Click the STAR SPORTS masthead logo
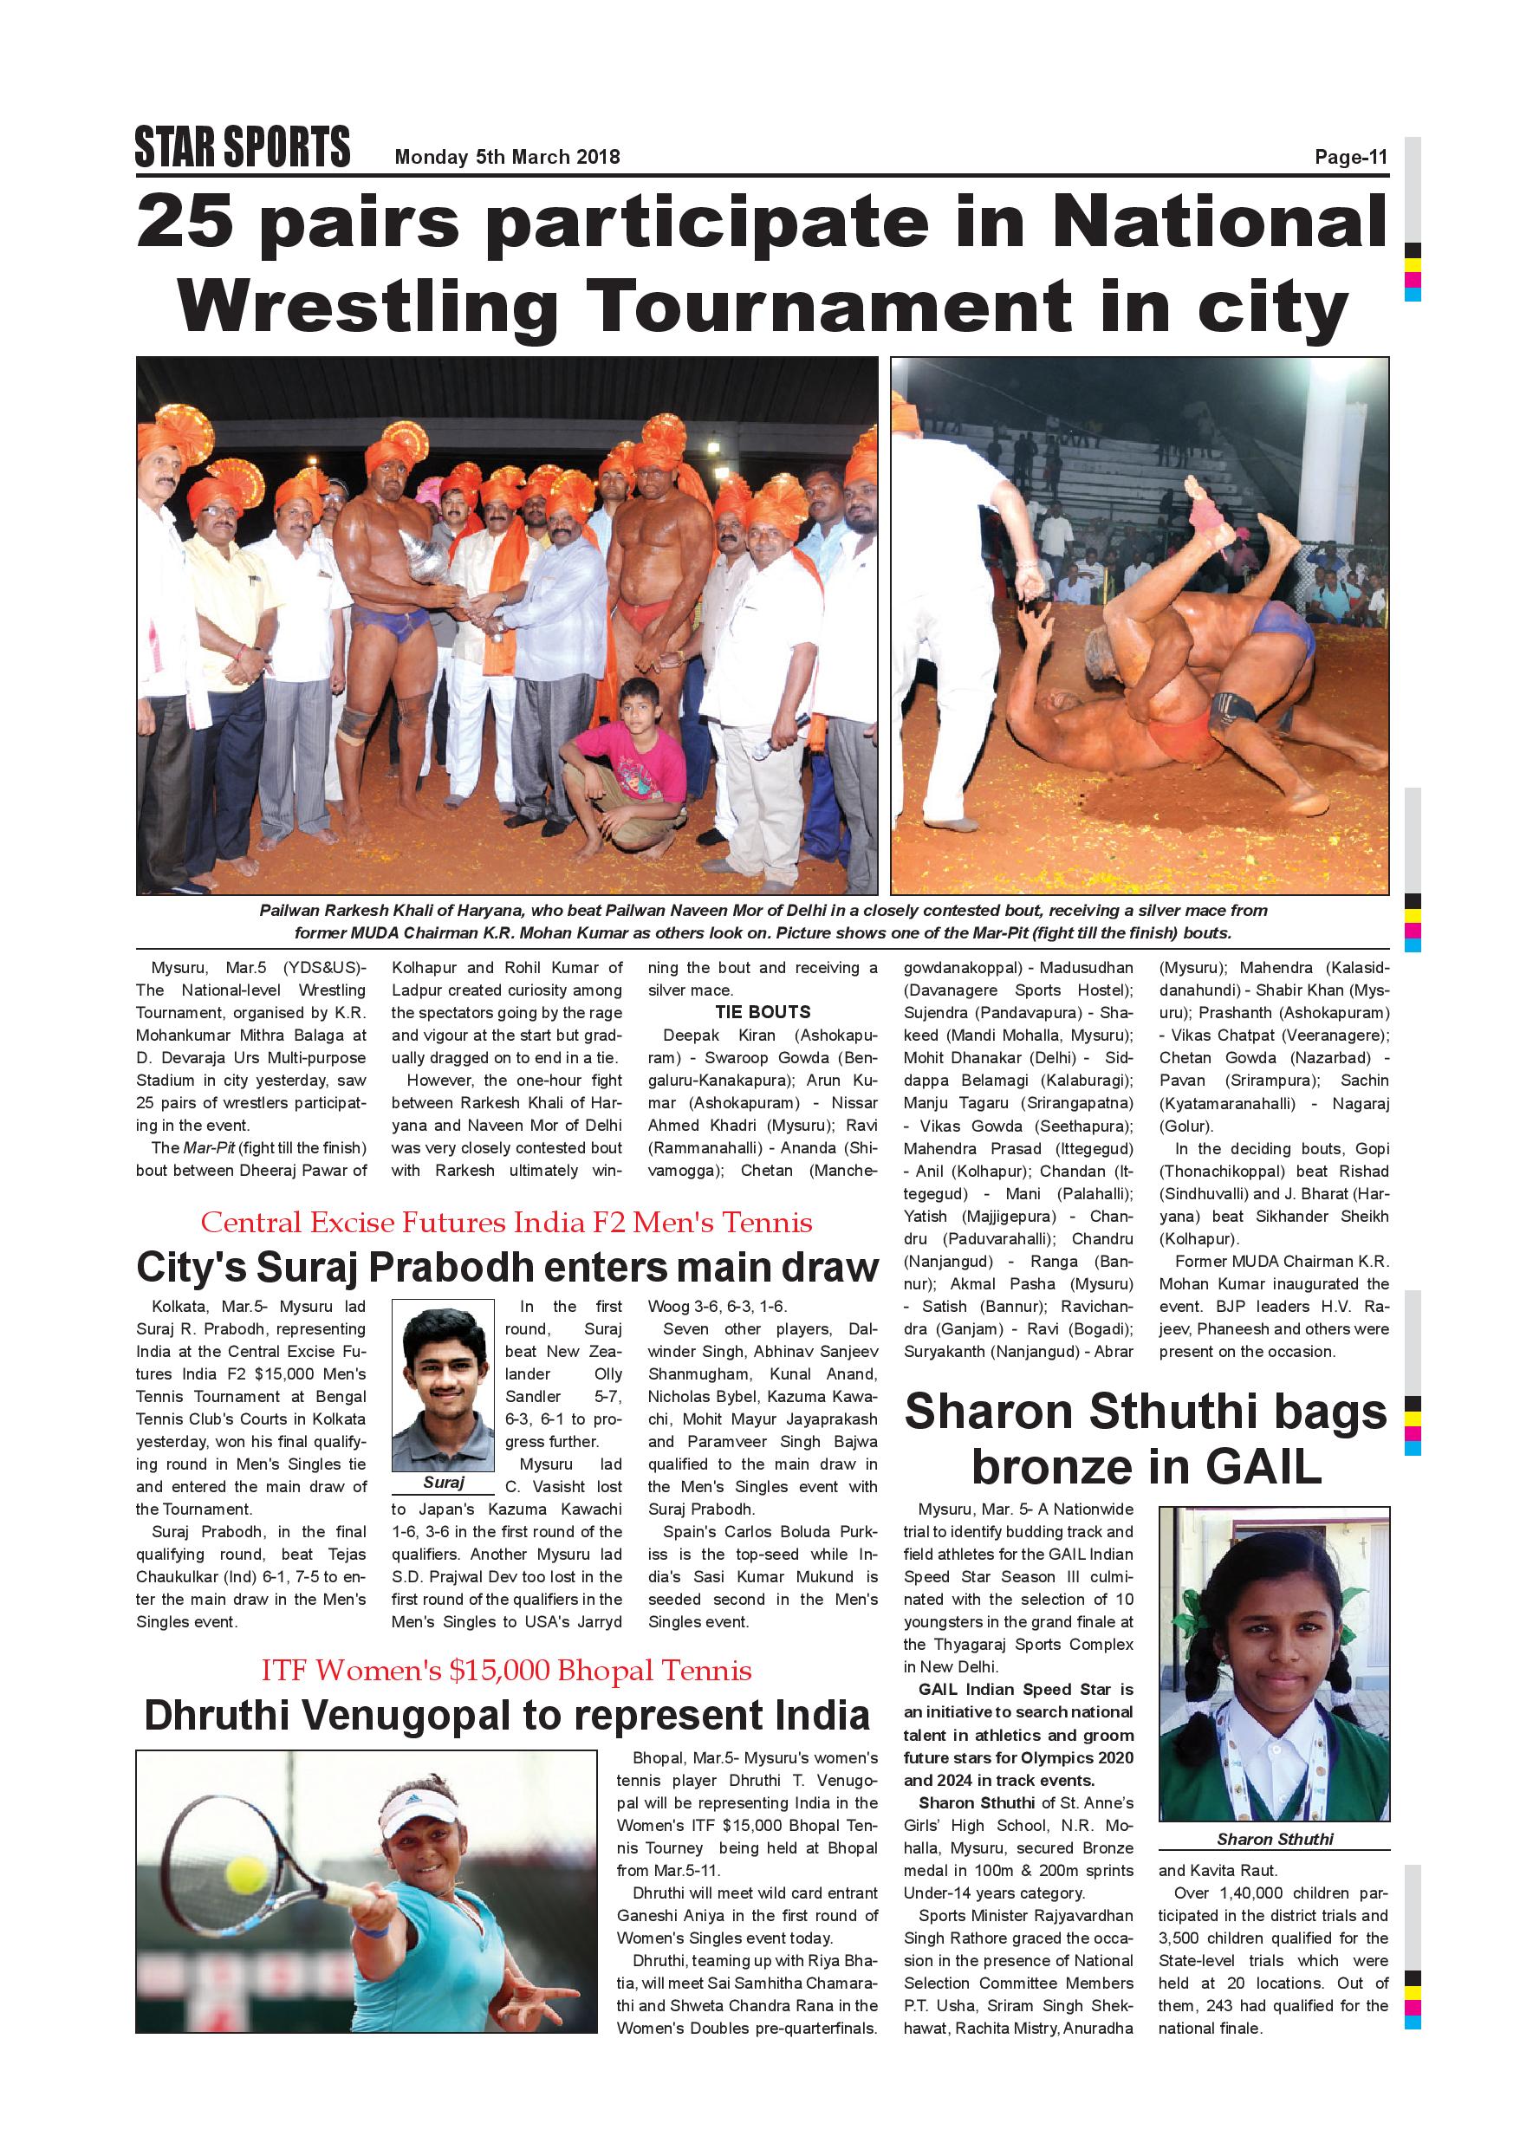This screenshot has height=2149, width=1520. [243, 147]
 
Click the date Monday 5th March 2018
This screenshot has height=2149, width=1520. [506, 157]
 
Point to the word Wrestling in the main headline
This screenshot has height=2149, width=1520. [367, 306]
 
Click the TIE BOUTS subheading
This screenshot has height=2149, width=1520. [763, 1012]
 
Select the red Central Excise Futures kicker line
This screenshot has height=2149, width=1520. [506, 1223]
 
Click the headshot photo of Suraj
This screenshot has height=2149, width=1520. [443, 1386]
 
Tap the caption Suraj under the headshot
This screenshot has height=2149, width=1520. [443, 1483]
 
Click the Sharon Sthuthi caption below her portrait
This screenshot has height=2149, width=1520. [1275, 1839]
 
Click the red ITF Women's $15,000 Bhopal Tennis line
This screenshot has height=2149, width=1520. [506, 1671]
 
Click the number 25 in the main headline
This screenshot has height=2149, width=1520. [185, 222]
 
